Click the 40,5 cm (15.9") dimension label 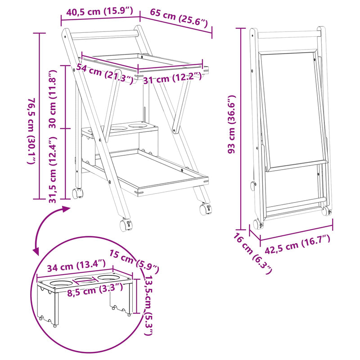[x=99, y=11]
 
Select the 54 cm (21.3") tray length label [x=104, y=73]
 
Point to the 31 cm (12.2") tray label [x=172, y=78]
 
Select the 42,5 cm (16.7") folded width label [x=297, y=244]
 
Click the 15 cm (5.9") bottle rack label [x=134, y=261]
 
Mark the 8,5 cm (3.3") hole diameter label [x=95, y=289]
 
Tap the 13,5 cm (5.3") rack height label [x=148, y=306]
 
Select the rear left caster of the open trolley [x=77, y=193]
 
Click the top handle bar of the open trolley [x=105, y=35]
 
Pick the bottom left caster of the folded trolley [x=257, y=224]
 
